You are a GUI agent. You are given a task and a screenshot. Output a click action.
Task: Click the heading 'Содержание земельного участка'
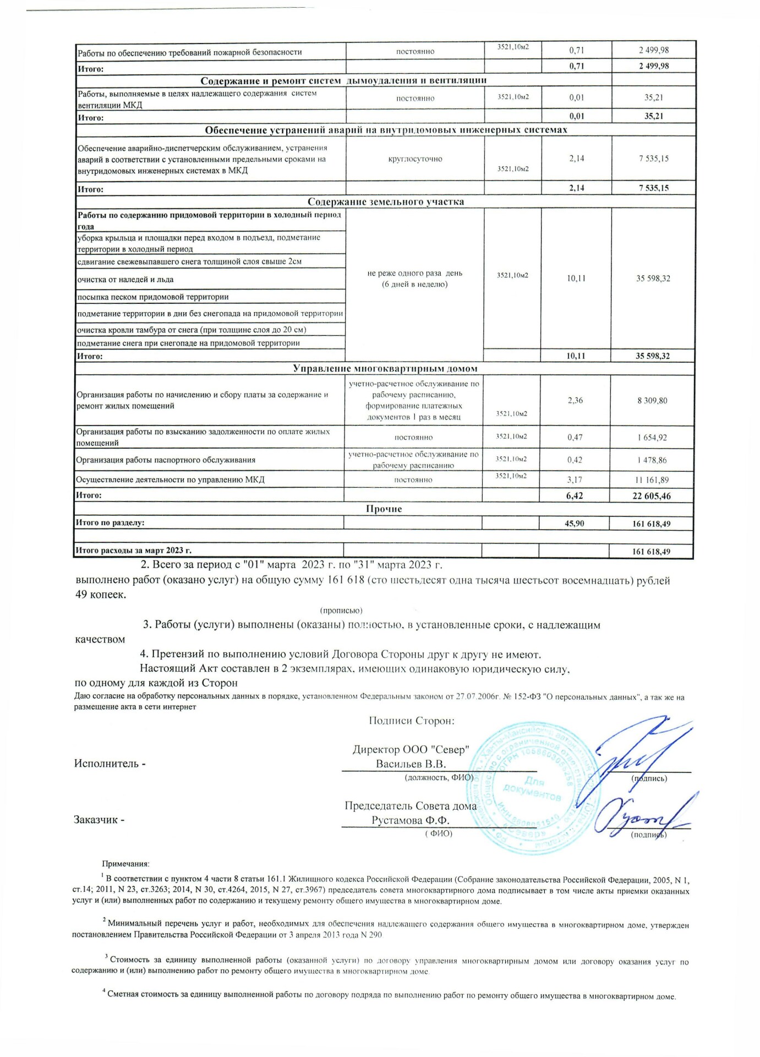click(x=385, y=201)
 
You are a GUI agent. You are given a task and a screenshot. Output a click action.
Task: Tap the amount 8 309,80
click(x=652, y=400)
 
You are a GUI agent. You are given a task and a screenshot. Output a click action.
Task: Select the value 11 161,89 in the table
click(x=652, y=480)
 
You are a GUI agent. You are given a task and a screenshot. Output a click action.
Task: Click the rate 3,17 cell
click(x=575, y=480)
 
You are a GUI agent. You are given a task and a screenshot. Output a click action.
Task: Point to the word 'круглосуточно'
click(x=415, y=159)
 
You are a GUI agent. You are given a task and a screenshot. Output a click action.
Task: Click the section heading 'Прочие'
click(x=384, y=509)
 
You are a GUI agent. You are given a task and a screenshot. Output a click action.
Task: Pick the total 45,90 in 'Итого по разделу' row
click(x=574, y=524)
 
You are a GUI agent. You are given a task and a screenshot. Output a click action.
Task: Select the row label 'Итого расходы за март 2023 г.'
click(x=134, y=551)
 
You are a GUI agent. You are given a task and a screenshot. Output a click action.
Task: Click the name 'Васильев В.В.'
click(x=411, y=764)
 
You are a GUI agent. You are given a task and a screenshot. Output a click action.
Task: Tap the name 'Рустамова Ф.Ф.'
click(x=410, y=820)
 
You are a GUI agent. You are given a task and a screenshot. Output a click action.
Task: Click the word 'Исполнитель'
click(x=106, y=764)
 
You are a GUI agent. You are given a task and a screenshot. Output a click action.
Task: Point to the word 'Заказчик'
click(x=96, y=820)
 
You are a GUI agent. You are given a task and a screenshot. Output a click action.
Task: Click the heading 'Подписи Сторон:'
click(x=412, y=721)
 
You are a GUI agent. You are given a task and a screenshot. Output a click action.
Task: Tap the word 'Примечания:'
click(x=125, y=864)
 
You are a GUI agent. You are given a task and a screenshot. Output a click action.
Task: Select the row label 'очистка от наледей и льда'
click(x=125, y=280)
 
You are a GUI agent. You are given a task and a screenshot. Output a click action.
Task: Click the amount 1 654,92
click(x=652, y=438)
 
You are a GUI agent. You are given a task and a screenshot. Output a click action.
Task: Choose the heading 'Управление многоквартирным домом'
click(x=385, y=368)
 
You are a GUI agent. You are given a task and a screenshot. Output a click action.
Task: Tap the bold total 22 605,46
click(x=652, y=496)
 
